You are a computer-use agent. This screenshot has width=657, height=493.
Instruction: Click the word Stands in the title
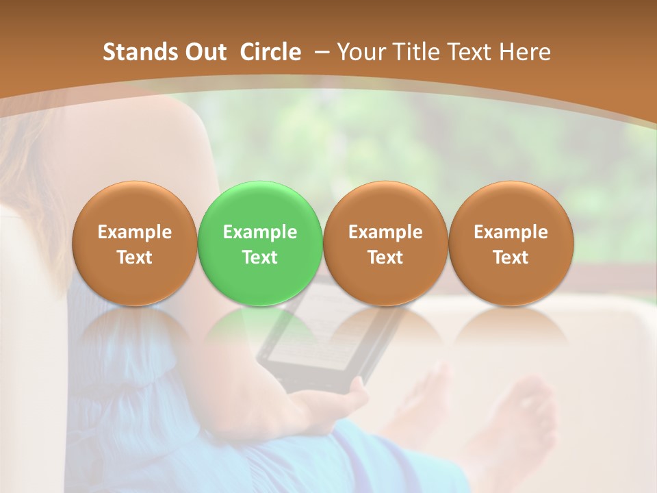point(139,52)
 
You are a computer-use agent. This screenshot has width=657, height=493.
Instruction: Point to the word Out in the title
point(204,52)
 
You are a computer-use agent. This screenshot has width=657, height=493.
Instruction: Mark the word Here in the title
point(525,52)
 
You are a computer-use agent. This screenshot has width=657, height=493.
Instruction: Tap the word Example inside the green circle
point(260,232)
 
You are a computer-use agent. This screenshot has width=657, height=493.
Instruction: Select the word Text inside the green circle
point(260,257)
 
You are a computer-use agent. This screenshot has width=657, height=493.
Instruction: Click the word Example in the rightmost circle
point(511,232)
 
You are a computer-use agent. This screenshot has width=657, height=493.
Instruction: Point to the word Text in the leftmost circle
point(134,257)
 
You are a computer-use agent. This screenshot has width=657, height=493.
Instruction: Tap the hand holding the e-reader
point(328,404)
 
